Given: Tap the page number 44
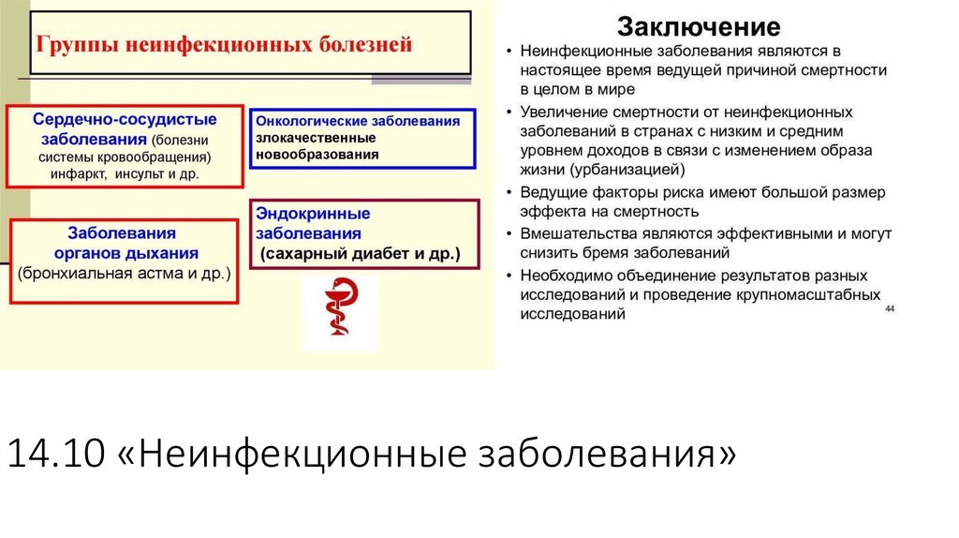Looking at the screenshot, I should (x=889, y=308).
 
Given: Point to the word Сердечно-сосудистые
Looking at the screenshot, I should (x=125, y=120).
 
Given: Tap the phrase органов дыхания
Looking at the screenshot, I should (x=125, y=252).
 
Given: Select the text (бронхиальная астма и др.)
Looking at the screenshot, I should (x=124, y=273).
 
